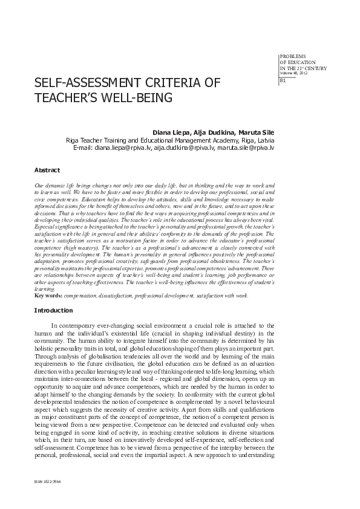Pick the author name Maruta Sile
point(257,131)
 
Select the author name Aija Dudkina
point(212,131)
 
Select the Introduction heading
point(53,310)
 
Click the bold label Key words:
point(47,296)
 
